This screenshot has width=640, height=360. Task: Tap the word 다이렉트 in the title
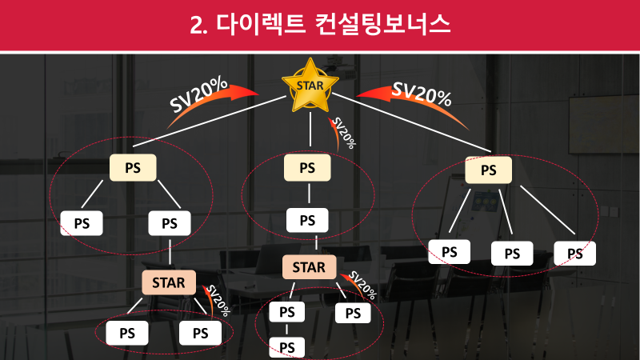point(259,24)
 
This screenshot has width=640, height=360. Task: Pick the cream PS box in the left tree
point(133,167)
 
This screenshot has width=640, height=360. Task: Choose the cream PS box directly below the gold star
point(308,168)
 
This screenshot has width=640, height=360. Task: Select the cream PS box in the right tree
point(488,170)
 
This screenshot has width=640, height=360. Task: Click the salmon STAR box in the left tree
point(168,282)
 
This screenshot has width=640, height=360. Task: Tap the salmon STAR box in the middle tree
point(309,267)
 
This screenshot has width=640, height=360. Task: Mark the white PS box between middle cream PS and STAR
point(308,220)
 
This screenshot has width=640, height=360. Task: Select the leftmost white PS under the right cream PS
point(450,252)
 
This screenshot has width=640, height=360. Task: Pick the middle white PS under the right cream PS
point(512,254)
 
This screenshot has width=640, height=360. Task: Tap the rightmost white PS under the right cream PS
point(575,254)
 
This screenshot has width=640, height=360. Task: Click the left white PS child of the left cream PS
point(82,223)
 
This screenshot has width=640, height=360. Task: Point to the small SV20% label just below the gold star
point(343,132)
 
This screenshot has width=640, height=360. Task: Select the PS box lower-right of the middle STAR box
point(352,313)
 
